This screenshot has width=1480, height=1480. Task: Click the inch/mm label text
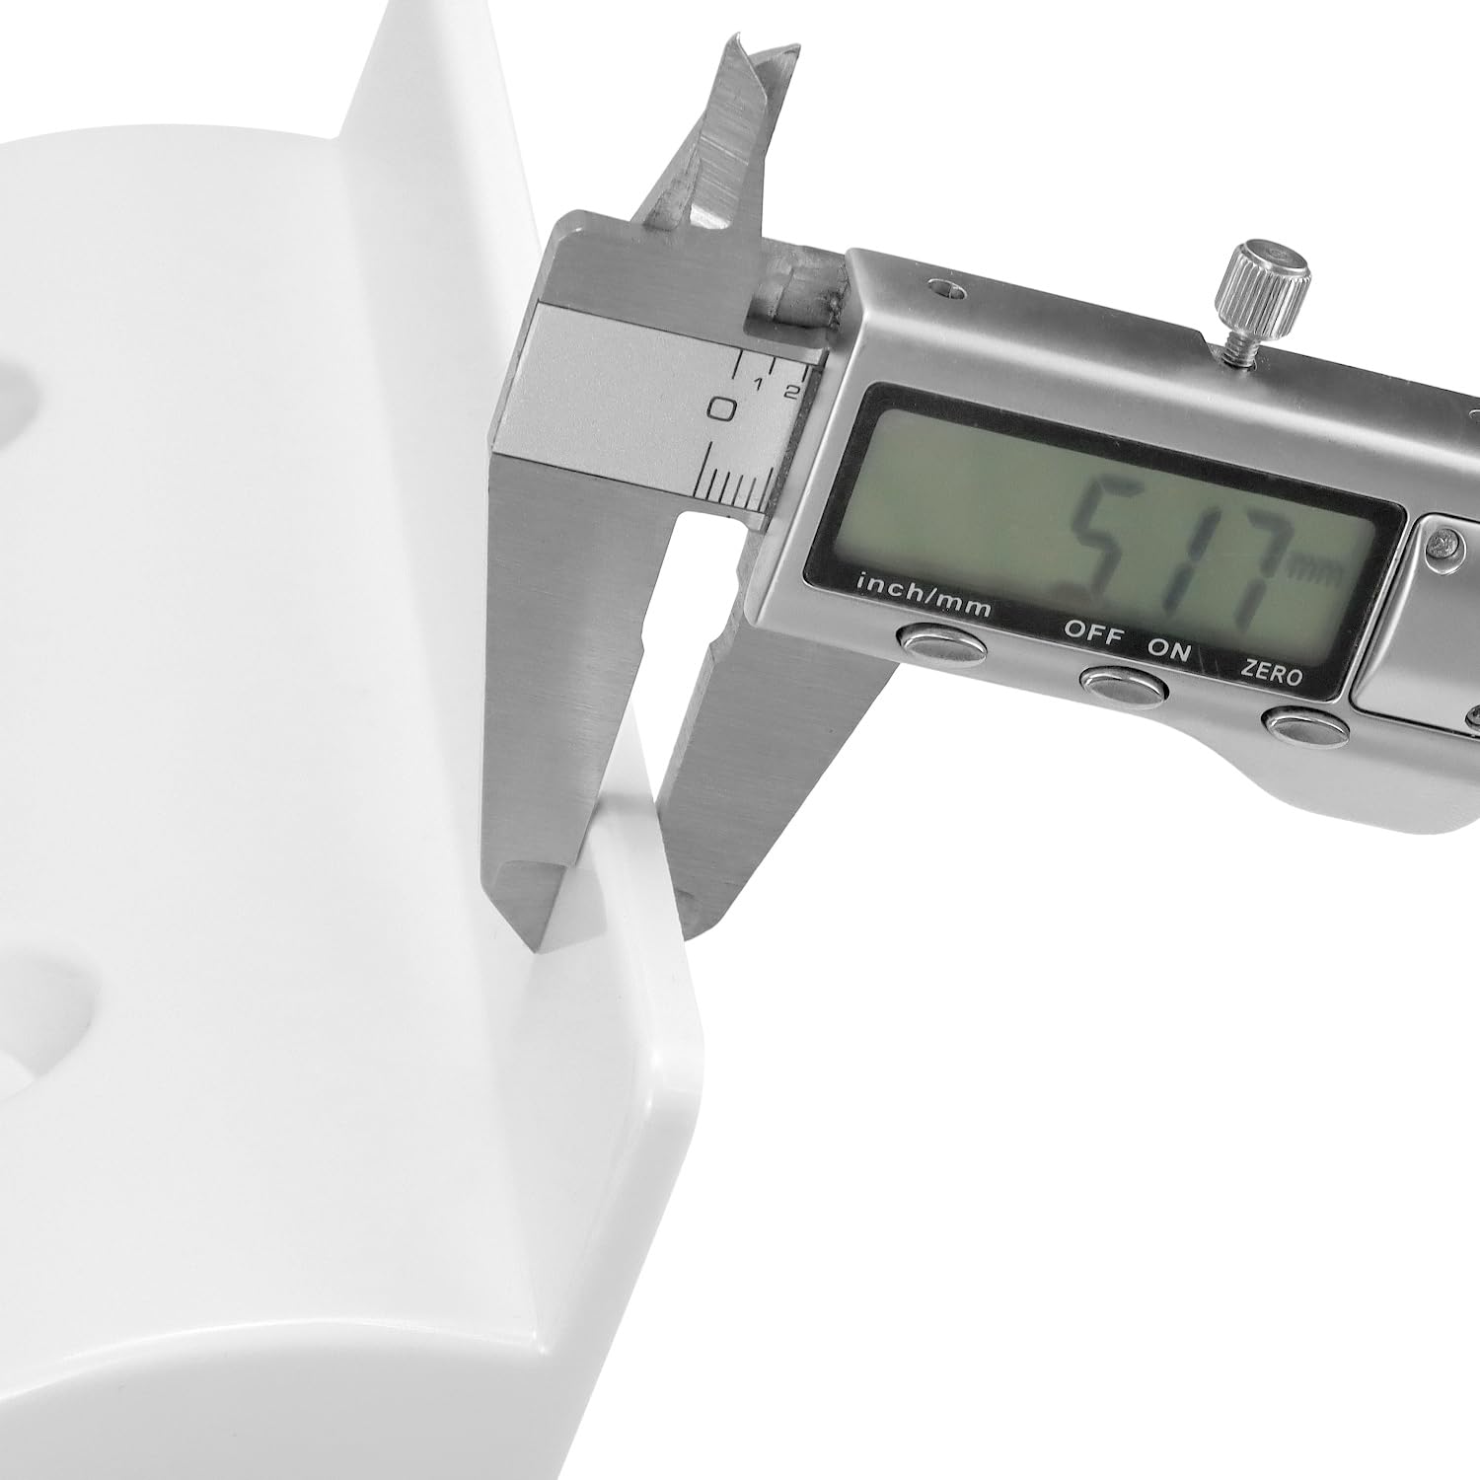click(924, 599)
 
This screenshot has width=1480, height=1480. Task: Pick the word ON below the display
click(1169, 651)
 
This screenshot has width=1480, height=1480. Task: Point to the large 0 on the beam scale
click(725, 407)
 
